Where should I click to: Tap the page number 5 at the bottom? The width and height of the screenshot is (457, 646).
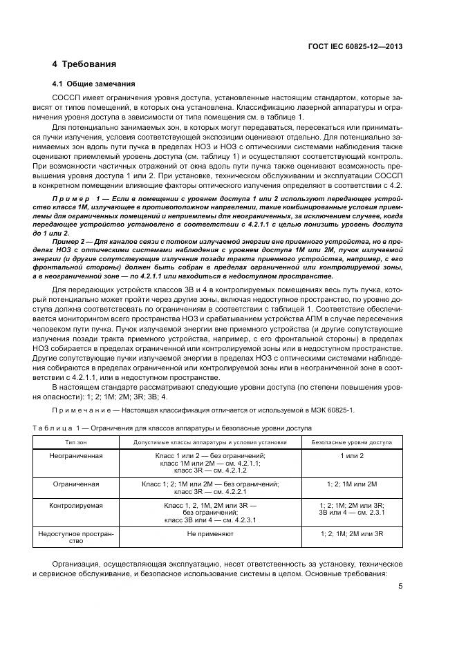point(400,587)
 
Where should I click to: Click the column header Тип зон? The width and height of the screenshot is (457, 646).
point(75,441)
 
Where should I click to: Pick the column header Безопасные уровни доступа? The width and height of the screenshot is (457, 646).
point(352,441)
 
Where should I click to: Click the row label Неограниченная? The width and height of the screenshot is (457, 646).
point(76,456)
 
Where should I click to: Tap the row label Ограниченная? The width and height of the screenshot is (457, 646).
point(76,484)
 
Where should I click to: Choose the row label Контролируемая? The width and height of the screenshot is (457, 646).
point(76,506)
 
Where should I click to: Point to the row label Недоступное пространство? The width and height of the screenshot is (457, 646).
point(76,537)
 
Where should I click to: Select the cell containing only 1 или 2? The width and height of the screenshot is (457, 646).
point(352,456)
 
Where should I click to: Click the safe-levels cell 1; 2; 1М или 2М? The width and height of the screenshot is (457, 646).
point(352,484)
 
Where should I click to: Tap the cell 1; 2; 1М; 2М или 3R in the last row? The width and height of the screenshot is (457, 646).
point(352,533)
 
